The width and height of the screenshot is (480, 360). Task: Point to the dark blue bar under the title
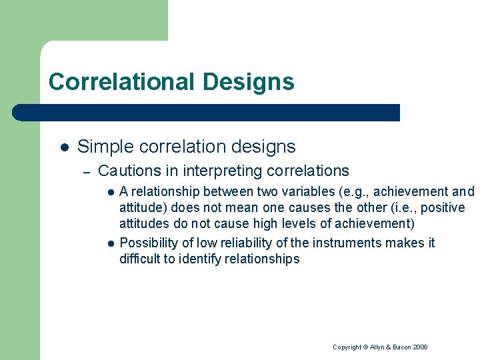207,113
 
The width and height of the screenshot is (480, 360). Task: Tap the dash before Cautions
86,172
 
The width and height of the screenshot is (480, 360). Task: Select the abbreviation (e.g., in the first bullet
343,192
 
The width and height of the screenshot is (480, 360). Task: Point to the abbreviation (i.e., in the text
387,208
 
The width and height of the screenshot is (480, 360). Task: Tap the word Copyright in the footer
347,347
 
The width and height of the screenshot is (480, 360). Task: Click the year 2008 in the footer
420,347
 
